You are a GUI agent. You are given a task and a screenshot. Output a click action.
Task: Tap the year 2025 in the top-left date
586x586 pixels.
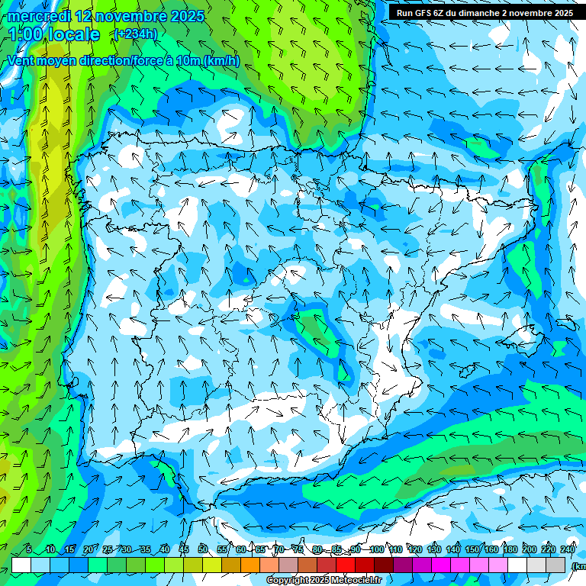click(187, 16)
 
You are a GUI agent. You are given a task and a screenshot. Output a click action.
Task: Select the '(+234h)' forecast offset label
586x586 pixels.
click(135, 34)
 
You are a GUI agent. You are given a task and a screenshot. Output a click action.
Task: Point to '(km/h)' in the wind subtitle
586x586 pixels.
click(222, 61)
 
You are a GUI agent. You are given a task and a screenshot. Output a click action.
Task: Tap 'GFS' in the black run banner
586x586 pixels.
click(424, 13)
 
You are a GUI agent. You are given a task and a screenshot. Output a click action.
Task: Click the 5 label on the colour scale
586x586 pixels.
click(29, 550)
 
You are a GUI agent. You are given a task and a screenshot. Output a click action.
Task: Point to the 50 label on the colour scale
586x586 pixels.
click(203, 550)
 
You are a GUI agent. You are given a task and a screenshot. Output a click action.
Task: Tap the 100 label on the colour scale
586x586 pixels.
click(376, 550)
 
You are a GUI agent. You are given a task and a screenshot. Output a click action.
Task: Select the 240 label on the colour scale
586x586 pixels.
click(568, 550)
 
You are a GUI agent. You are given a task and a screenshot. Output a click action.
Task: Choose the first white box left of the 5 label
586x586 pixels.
click(21, 565)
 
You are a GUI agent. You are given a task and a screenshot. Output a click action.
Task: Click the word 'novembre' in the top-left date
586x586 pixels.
click(124, 16)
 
